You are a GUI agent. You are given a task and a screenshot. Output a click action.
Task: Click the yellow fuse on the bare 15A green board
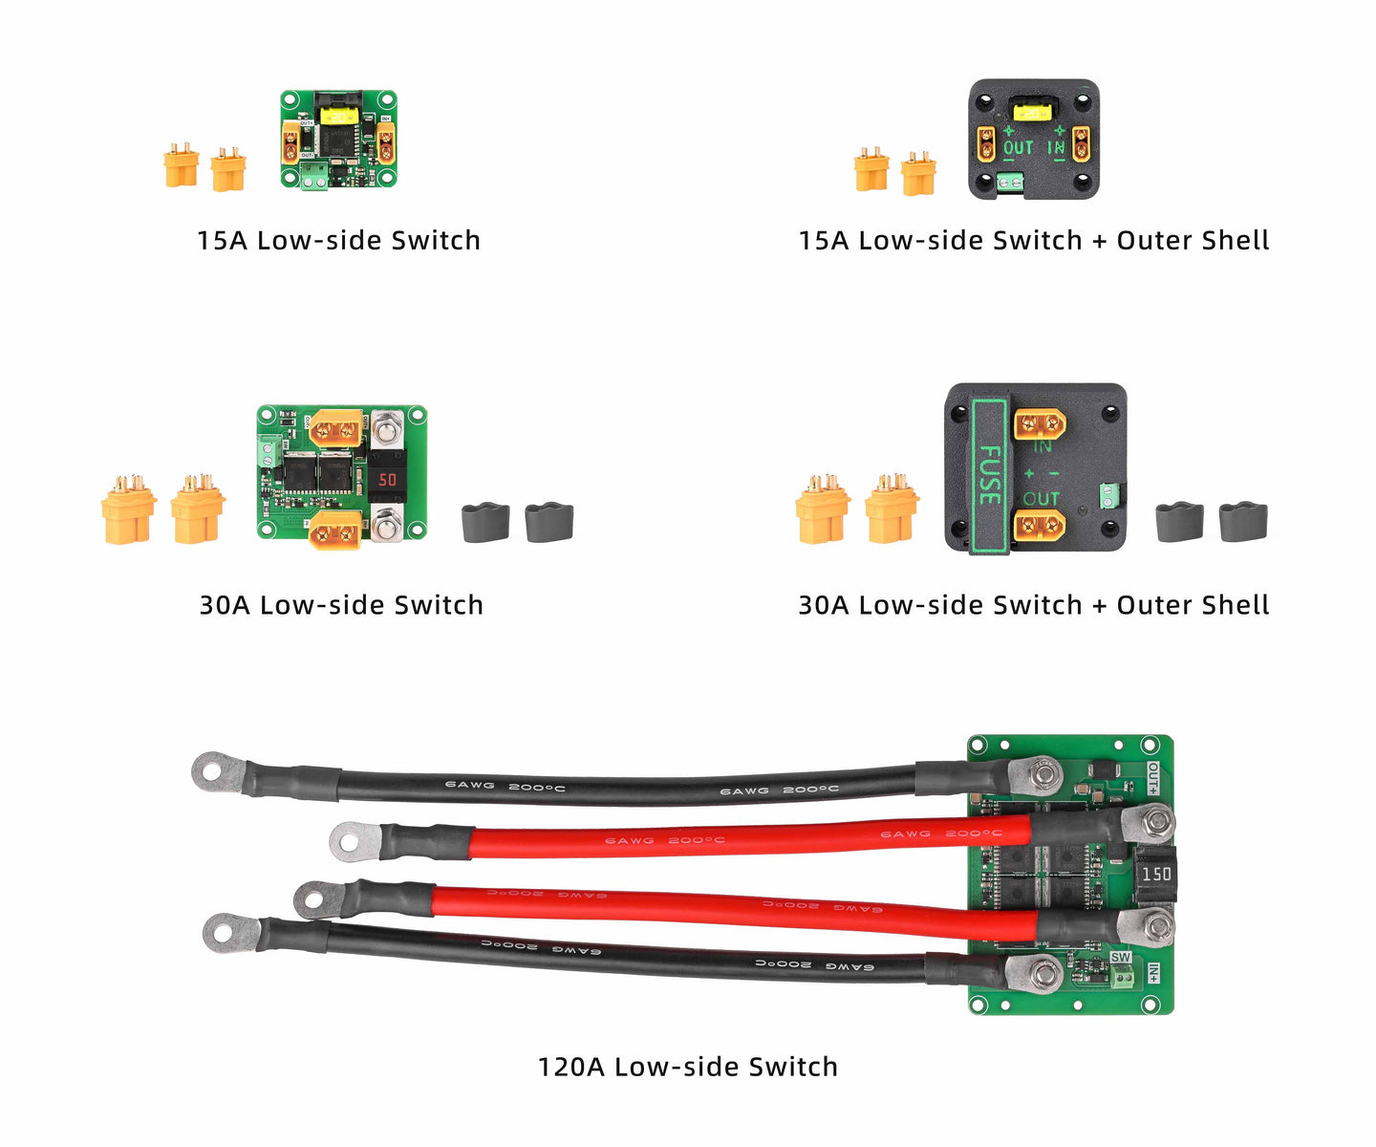(x=339, y=116)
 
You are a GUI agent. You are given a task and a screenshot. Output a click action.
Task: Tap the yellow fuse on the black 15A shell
(x=1031, y=113)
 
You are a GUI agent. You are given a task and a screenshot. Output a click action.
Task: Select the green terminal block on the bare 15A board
(x=313, y=175)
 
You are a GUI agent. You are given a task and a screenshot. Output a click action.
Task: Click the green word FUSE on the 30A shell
(x=990, y=475)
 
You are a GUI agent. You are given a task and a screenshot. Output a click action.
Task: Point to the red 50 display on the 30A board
(x=388, y=479)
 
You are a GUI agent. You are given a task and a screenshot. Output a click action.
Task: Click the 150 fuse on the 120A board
(x=1156, y=874)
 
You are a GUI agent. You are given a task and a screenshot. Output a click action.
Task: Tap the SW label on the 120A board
(x=1120, y=958)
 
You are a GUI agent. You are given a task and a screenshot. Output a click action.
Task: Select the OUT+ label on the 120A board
(x=1153, y=778)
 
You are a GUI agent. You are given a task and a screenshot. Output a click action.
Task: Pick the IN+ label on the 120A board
(x=1154, y=974)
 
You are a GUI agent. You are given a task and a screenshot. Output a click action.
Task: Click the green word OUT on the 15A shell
(x=1018, y=148)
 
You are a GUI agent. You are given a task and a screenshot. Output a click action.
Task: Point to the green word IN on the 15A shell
(x=1056, y=148)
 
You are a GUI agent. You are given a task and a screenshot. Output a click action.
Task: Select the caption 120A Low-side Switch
(x=687, y=1067)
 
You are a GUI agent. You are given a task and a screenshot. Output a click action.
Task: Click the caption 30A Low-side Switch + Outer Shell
(x=1033, y=605)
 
